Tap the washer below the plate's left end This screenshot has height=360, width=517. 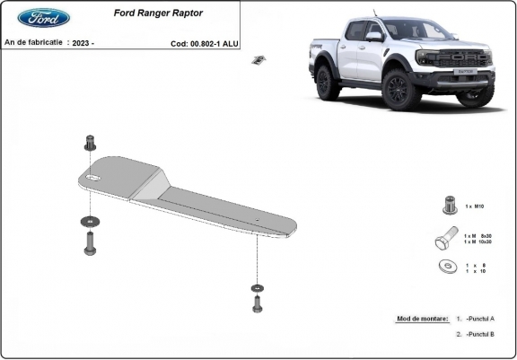coord(89,219)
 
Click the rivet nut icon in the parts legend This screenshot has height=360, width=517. coord(448,206)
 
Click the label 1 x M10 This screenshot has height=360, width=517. coord(475,206)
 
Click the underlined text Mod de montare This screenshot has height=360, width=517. coord(421,319)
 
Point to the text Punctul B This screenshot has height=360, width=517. coord(480,333)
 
